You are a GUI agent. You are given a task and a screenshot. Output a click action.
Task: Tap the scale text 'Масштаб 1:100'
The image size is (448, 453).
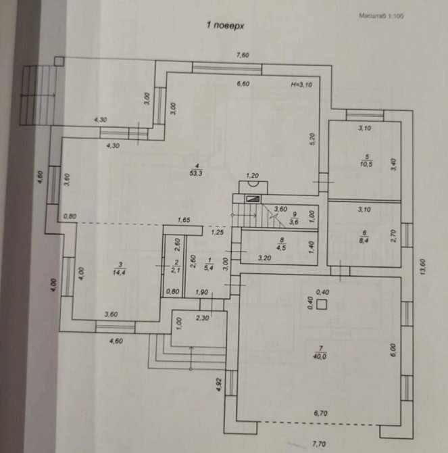(x=380, y=16)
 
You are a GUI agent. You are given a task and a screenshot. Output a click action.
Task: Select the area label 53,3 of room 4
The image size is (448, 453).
(x=196, y=172)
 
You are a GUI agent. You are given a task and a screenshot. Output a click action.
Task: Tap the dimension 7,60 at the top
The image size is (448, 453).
(x=241, y=55)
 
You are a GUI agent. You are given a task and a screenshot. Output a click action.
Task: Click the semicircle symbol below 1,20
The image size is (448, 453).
(x=253, y=181)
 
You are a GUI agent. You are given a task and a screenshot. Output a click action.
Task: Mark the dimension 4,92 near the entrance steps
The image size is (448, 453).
(x=219, y=386)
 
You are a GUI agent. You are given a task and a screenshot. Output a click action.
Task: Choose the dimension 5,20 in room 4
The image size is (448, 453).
(x=313, y=139)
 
